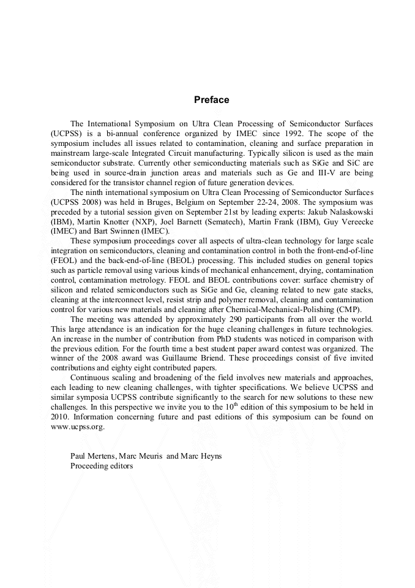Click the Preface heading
pos(211,100)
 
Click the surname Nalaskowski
pos(344,212)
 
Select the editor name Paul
pos(80,456)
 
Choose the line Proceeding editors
pos(101,465)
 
